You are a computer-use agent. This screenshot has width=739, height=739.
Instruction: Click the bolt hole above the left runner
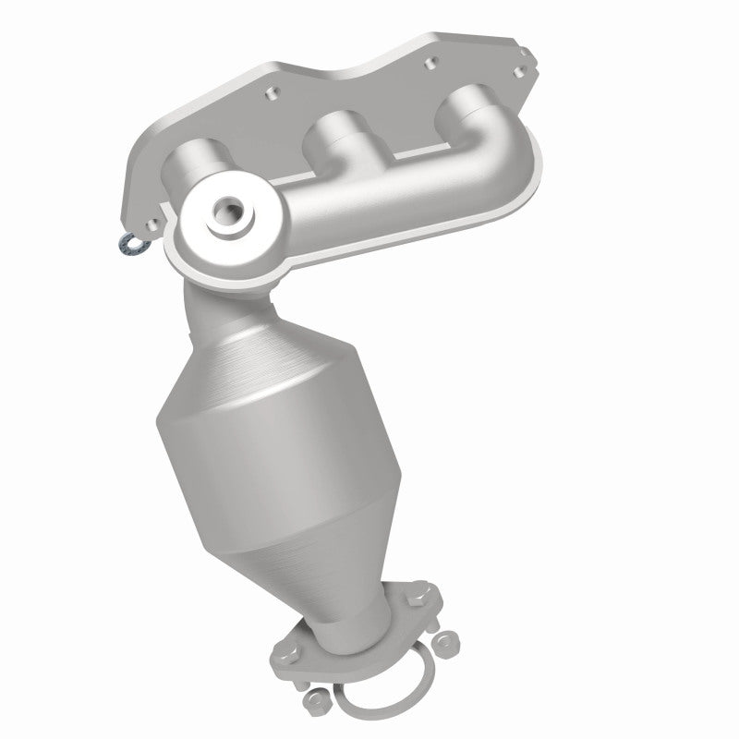point(271,93)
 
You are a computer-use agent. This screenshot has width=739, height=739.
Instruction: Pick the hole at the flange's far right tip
point(524,70)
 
